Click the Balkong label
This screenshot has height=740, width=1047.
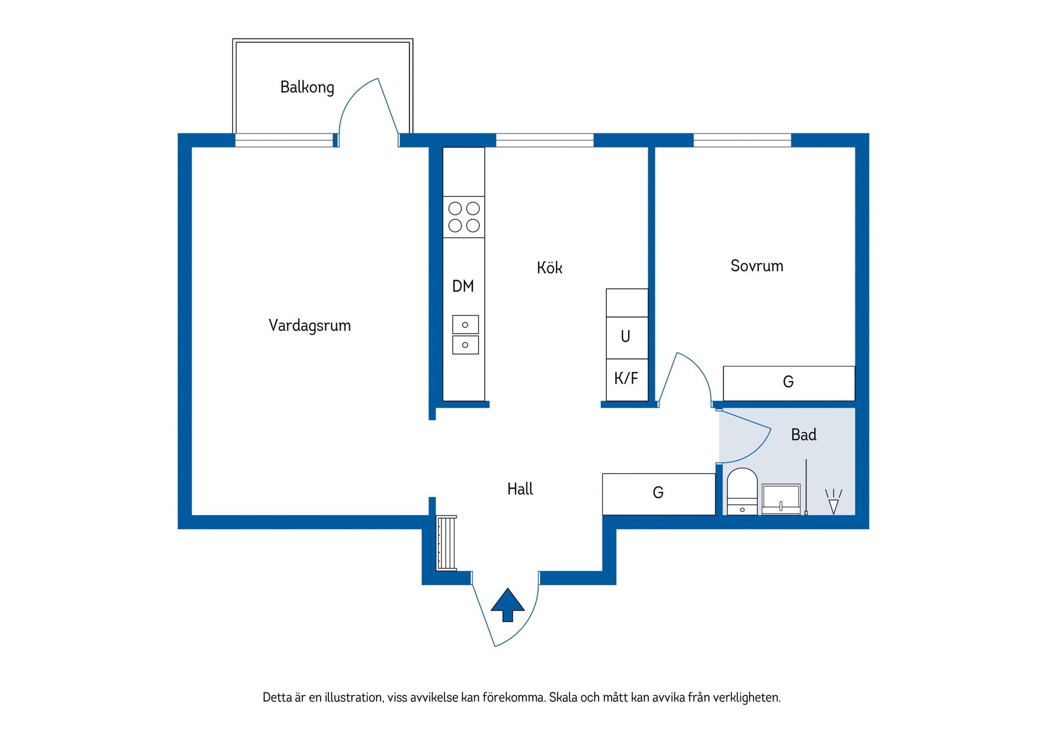307,87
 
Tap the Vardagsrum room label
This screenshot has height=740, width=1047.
310,326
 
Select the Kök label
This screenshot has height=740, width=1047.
550,267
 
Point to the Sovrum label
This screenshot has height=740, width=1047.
757,266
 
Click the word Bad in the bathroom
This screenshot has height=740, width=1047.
804,435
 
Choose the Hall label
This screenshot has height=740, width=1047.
520,489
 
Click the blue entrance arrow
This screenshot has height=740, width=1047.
508,605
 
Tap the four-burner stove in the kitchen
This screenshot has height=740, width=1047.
464,217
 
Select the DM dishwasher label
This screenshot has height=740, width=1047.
463,286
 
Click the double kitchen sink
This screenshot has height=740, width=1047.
465,335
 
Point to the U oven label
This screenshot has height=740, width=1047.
625,336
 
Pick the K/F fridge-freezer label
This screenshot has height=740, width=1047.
626,378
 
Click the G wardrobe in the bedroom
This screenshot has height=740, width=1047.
789,383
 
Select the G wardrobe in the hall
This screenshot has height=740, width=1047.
658,494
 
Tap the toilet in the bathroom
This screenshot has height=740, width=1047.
742,491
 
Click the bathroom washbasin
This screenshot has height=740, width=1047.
781,499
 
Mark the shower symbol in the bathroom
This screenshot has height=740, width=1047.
833,502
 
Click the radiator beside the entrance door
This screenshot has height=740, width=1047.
446,543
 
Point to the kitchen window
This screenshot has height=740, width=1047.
545,140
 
